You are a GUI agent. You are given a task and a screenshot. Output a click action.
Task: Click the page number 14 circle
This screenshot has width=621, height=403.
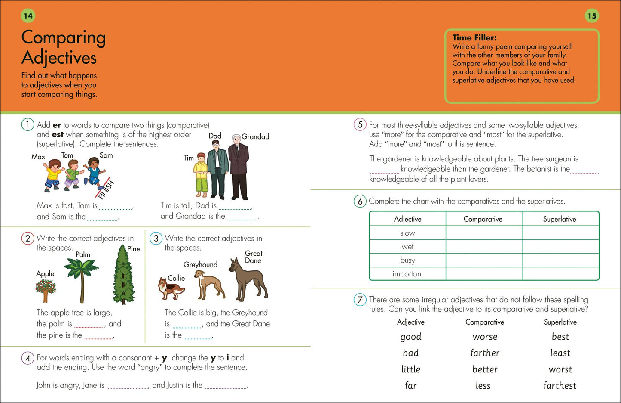point(28,16)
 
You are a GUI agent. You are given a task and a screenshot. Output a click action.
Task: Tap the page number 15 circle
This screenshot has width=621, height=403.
point(592,16)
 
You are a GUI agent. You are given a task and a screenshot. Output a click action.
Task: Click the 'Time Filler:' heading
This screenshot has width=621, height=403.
point(474,37)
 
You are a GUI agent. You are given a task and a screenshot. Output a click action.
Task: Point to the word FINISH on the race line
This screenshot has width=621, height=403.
point(107,190)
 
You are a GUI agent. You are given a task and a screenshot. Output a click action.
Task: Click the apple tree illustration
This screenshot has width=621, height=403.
point(46,291)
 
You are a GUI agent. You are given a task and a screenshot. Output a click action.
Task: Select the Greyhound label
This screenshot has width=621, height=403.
point(200,265)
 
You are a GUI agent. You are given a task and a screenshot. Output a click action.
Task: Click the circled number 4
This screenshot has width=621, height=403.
point(28,358)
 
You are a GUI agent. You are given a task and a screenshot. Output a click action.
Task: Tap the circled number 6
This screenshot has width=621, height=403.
point(360,201)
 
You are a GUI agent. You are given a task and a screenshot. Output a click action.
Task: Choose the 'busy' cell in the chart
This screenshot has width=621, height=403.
point(407,260)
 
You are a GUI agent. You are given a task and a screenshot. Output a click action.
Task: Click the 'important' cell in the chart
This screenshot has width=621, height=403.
point(407,274)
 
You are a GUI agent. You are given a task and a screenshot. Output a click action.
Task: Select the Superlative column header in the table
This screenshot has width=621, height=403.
point(560,219)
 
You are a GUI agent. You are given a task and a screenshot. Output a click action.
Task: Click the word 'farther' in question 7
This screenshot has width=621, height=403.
point(485,353)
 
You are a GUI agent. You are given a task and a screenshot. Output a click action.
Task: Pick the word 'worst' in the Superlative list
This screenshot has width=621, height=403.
point(560,369)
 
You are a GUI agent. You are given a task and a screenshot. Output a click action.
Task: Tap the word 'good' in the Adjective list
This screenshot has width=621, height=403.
point(410,337)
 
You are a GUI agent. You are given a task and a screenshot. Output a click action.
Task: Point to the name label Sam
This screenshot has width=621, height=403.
point(106,155)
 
